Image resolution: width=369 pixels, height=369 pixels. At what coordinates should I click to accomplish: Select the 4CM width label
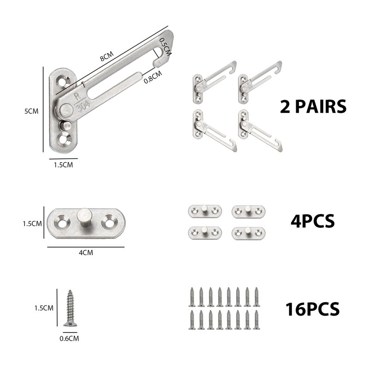(x=85, y=253)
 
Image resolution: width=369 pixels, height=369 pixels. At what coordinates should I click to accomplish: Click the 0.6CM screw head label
(x=69, y=338)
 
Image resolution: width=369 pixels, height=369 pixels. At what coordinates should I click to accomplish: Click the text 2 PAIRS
(x=313, y=107)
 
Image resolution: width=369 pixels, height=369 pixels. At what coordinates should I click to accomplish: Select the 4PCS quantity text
(x=312, y=221)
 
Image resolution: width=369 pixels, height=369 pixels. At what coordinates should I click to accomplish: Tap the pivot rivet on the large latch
(x=66, y=110)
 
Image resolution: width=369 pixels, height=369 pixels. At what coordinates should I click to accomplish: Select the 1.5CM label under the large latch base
(x=62, y=164)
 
